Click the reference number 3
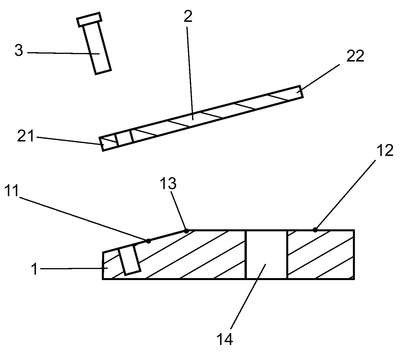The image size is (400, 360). point(19,51)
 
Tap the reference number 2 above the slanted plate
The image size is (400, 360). point(188,16)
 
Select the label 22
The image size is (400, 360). point(355,56)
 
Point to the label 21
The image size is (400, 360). point(26,136)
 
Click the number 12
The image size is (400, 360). point(385,150)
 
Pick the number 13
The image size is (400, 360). point(168,183)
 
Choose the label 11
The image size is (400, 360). point(12,191)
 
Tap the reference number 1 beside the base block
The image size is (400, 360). point(34,269)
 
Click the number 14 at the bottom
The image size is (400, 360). point(225,339)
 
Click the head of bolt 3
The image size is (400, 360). point(89,20)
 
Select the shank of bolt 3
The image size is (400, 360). point(97,48)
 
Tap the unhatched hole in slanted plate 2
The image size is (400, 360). point(124,138)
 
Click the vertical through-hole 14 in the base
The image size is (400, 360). point(266,254)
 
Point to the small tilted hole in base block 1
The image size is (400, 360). point(130,259)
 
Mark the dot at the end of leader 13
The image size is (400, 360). point(186,231)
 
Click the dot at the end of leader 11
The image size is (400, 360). point(148,241)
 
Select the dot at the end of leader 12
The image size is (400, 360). point(315,230)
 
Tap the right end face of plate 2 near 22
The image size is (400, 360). point(300,92)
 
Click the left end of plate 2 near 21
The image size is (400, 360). point(101,144)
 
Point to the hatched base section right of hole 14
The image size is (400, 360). point(320,254)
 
